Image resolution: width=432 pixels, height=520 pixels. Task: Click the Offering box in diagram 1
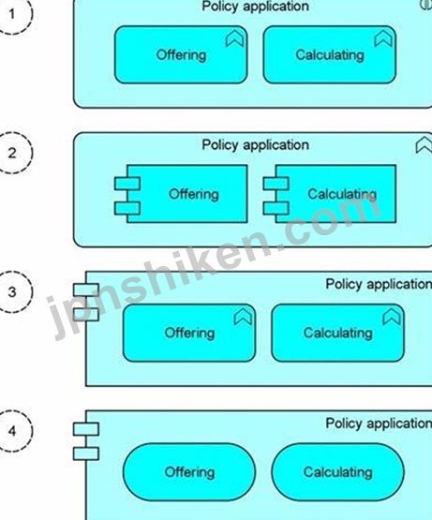tap(181, 54)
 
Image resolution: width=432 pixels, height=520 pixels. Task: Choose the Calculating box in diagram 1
tap(330, 54)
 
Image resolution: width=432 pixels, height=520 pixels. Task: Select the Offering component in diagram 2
tap(181, 194)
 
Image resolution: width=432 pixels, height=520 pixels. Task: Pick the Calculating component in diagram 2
tap(330, 194)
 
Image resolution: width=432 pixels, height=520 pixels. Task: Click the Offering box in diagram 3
tap(189, 333)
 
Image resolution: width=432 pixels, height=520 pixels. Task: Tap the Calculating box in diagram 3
tap(337, 333)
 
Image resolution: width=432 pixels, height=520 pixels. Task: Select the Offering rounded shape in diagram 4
tap(189, 472)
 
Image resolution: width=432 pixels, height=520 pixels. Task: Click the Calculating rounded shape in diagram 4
tap(337, 472)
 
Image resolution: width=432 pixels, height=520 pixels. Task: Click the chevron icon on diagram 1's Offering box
tap(234, 39)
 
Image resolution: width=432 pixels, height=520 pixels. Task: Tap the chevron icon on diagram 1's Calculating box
tap(383, 39)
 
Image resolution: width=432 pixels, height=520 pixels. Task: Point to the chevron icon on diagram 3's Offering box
tap(243, 317)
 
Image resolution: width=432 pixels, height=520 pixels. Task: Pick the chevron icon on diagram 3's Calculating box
tap(392, 317)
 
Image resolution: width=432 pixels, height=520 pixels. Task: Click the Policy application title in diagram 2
tap(256, 145)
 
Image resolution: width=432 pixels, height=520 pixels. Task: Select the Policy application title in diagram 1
tap(256, 7)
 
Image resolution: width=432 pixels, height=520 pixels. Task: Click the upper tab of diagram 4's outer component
tap(86, 429)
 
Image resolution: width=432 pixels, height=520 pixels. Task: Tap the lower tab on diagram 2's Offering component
tap(127, 208)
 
